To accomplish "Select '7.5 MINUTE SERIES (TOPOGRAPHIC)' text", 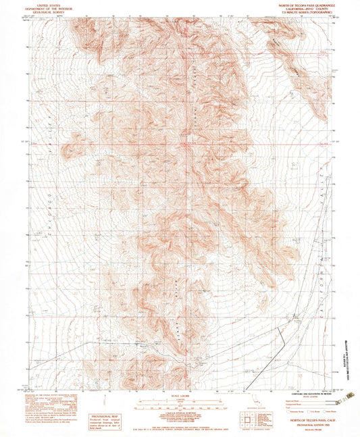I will pyautogui.click(x=302, y=13).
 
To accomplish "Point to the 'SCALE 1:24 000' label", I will pyautogui.click(x=179, y=396).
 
